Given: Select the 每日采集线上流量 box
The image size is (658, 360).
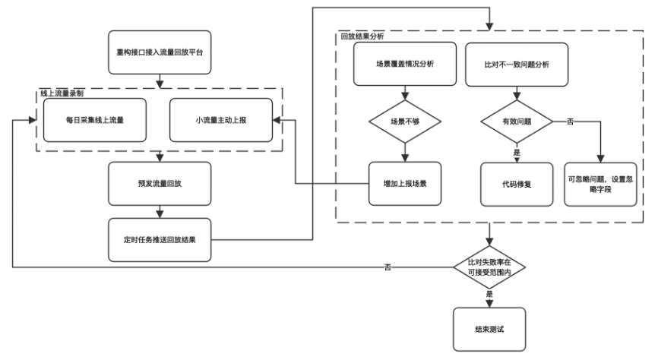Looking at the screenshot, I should [x=95, y=119].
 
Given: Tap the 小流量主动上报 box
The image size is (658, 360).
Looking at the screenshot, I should [x=220, y=119].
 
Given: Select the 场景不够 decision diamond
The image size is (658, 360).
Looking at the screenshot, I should [x=403, y=121].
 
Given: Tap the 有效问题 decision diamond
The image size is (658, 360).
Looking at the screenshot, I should [x=516, y=121].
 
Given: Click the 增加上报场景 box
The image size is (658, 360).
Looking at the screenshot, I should [x=403, y=183].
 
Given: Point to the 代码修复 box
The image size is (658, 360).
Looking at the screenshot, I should [x=516, y=183].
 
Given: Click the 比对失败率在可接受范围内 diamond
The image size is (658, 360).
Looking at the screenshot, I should [x=489, y=267].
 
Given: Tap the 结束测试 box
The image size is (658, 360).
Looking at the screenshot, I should [x=489, y=329].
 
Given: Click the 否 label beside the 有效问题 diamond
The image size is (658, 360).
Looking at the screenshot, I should [x=569, y=121].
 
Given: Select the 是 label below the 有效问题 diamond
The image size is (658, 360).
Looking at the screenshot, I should [x=517, y=152].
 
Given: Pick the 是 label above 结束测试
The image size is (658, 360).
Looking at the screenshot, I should [x=489, y=293].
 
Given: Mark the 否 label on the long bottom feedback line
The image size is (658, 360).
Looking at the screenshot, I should [x=388, y=267].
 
